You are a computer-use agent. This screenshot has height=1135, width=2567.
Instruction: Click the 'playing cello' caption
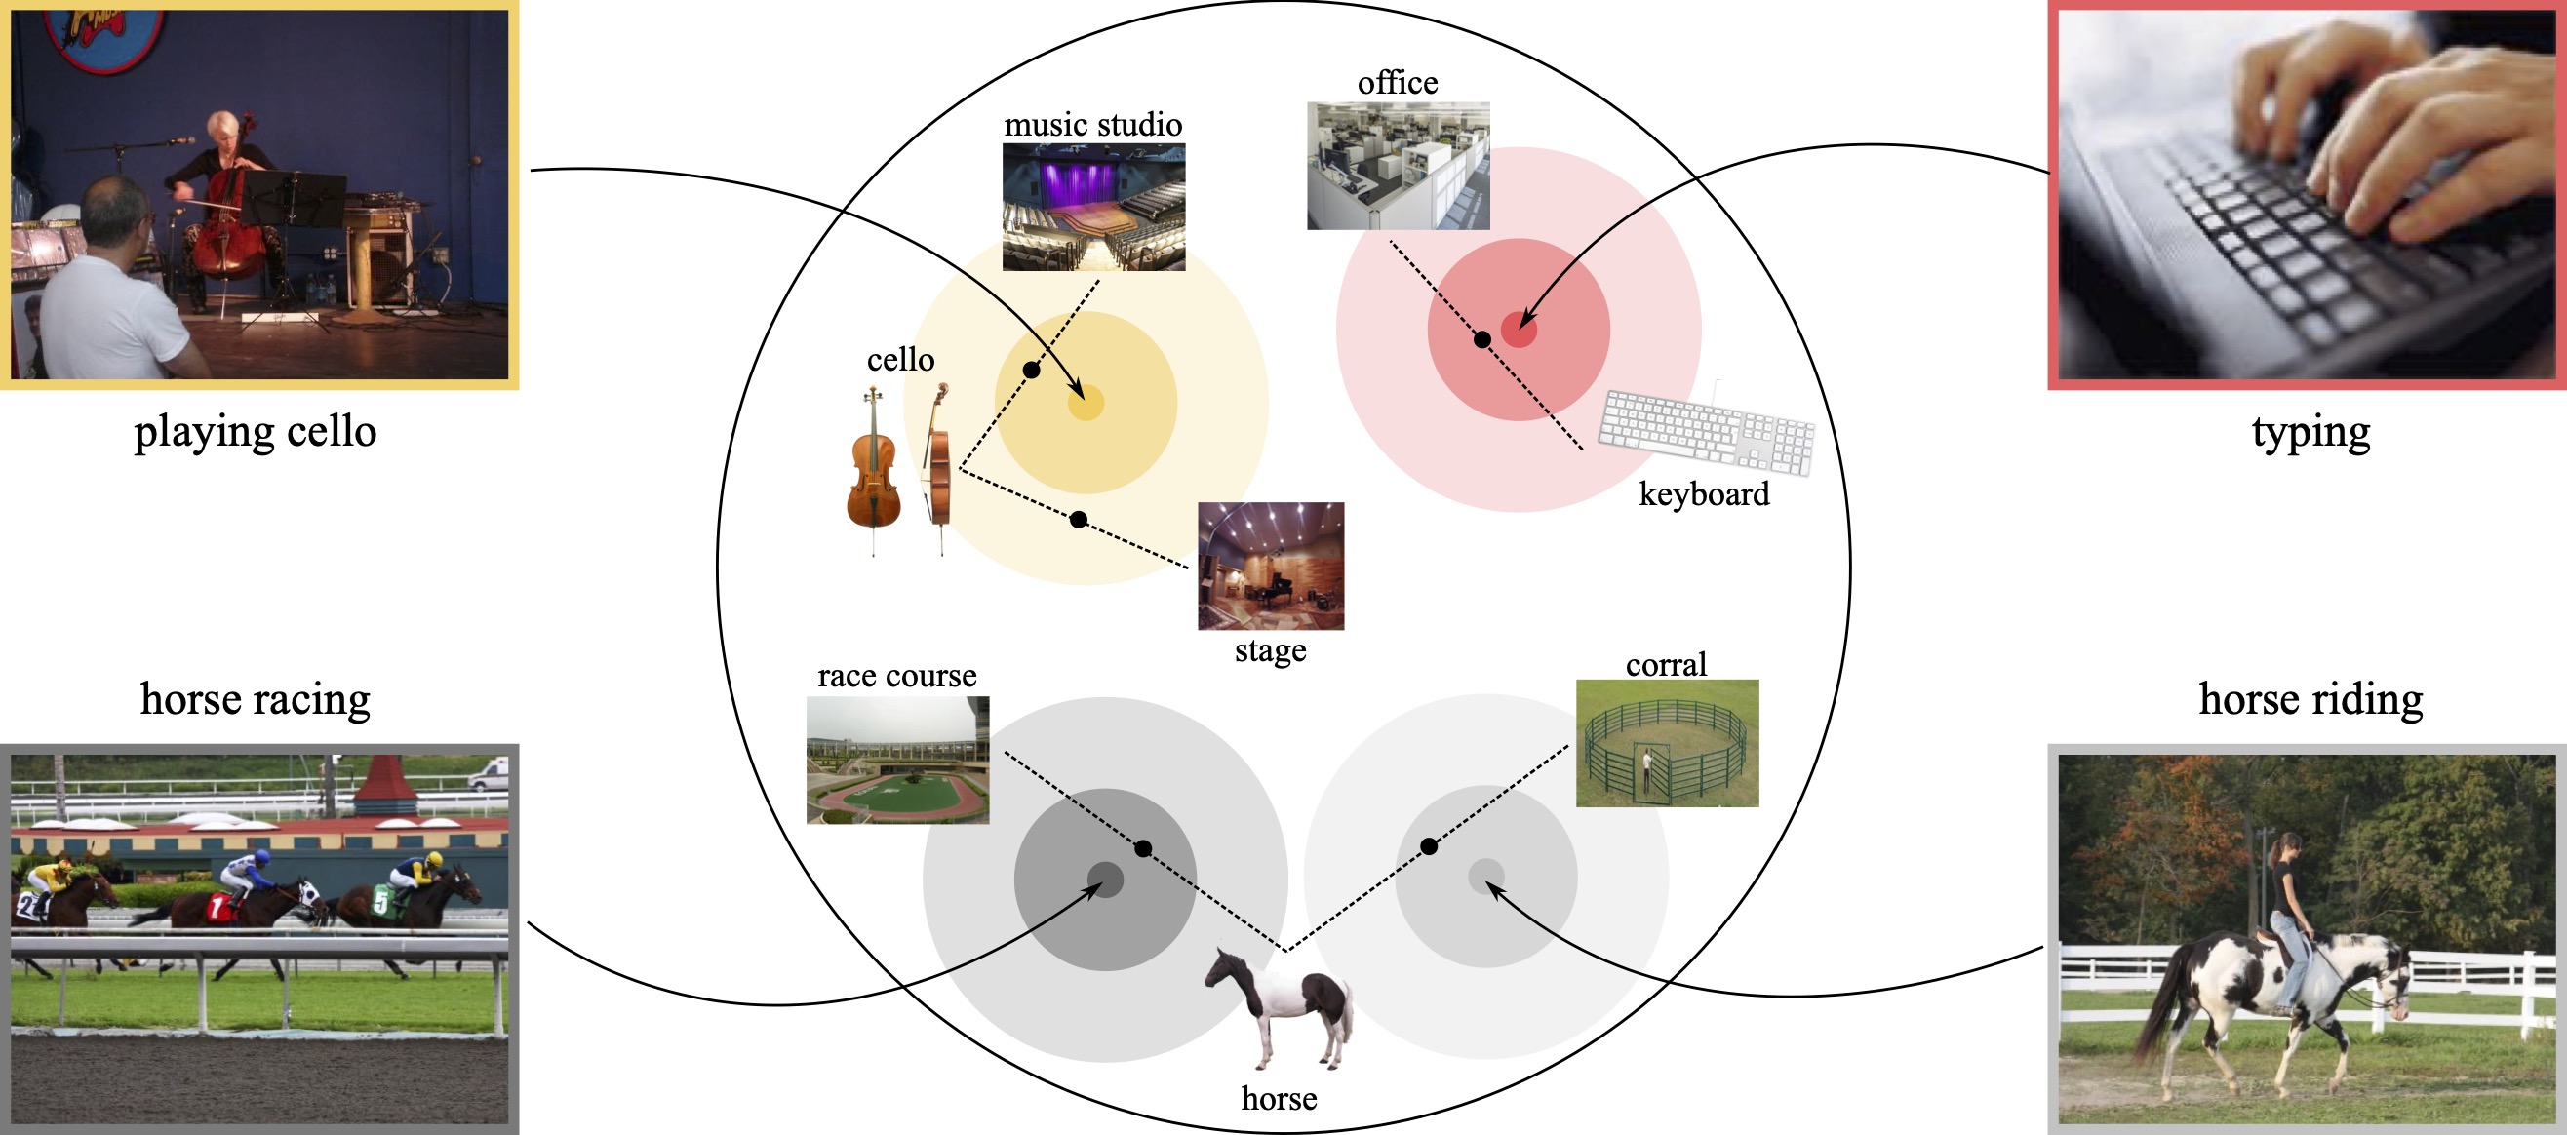coord(256,433)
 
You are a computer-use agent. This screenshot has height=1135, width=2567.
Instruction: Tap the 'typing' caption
coord(2310,433)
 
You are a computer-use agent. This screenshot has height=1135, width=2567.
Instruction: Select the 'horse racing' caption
coord(256,698)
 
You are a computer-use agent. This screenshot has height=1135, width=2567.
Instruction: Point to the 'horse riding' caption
coord(2310,698)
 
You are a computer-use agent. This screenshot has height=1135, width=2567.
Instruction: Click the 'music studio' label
coord(1092,125)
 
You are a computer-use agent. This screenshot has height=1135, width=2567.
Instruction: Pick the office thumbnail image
coord(1399,166)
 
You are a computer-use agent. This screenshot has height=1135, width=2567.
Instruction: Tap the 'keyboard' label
coord(1704,494)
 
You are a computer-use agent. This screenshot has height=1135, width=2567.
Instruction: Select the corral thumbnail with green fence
coord(1666,743)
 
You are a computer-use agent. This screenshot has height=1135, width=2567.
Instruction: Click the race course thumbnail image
coord(897,760)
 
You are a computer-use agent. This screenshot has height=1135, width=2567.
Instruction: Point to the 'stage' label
coord(1270,650)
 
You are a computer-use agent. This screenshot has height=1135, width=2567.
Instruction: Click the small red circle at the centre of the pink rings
coord(1518,330)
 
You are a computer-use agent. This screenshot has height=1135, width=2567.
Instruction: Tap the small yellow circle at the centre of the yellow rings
coord(1086,403)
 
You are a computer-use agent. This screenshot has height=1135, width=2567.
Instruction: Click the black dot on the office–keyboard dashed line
coord(1481,339)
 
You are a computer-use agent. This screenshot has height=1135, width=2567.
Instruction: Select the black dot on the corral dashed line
coord(1429,846)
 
